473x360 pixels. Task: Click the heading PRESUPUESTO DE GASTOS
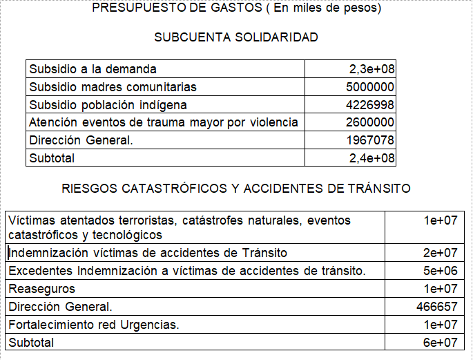[236, 9]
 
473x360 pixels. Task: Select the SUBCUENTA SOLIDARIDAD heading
[236, 37]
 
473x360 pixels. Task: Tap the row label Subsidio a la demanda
[93, 69]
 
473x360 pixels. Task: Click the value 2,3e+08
[371, 69]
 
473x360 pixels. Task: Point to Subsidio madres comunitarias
[113, 87]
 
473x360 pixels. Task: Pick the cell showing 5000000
[370, 87]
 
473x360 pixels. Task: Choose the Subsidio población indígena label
[108, 105]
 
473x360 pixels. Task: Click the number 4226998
[370, 105]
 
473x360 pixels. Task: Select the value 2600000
[370, 122]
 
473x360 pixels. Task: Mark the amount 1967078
[370, 140]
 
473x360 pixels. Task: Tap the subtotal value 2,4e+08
[371, 158]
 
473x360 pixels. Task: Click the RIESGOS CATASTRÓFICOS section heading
[236, 188]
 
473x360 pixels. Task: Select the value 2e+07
[440, 253]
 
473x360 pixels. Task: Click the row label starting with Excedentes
[186, 270]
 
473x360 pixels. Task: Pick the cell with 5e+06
[440, 270]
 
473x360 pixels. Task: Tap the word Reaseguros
[41, 288]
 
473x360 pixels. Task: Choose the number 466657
[436, 306]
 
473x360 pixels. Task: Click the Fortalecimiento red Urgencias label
[93, 325]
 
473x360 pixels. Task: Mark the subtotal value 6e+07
[440, 342]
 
